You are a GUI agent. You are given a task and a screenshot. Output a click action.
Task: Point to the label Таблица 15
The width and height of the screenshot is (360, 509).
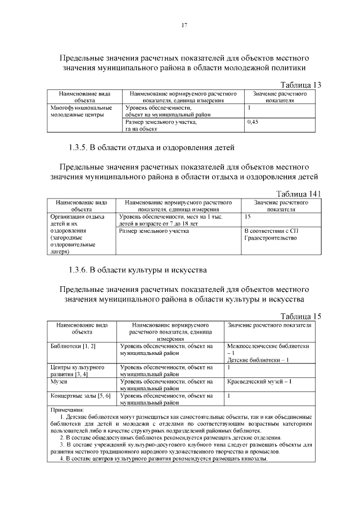[300, 316]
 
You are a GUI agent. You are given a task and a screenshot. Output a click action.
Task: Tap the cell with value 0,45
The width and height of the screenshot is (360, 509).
[253, 121]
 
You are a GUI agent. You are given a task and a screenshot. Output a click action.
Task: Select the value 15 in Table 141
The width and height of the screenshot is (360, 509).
[248, 216]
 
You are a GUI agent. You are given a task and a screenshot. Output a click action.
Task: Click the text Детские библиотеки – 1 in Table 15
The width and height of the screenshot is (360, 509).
[258, 359]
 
